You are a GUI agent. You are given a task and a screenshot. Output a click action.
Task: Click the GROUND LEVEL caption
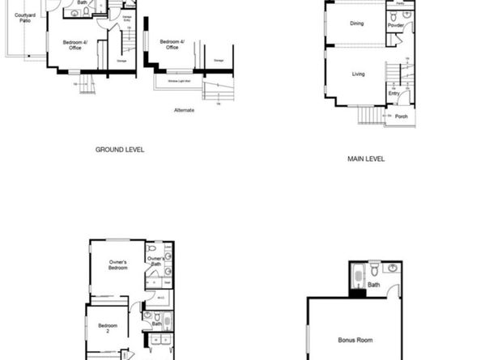(120, 150)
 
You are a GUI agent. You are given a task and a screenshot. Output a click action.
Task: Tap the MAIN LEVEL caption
(366, 159)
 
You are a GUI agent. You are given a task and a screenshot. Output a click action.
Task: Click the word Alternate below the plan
(184, 110)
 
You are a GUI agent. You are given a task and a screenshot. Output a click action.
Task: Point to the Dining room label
(357, 23)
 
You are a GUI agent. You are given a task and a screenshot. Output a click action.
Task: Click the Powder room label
(395, 25)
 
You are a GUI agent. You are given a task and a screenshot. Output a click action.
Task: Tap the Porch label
(401, 116)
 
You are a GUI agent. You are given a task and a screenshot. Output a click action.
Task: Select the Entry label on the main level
(394, 94)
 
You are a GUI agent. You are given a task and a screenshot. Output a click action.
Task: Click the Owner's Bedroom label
(118, 265)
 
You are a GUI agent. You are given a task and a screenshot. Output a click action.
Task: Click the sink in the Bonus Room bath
(393, 268)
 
